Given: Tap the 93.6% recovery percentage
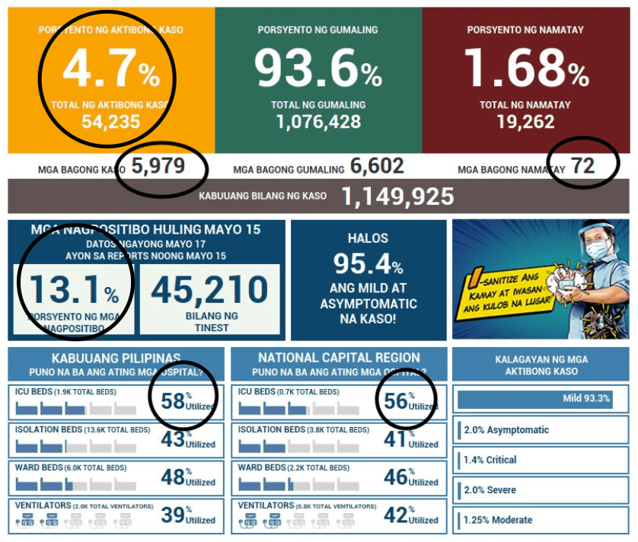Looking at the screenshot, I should (x=317, y=68).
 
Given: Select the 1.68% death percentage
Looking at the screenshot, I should (x=525, y=68).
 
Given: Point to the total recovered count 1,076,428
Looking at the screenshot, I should (x=318, y=122).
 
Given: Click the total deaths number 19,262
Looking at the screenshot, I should (x=525, y=122).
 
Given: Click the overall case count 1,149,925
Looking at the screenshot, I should (x=397, y=196).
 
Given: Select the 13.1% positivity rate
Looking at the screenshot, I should (x=73, y=290).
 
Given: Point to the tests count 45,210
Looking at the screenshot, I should (x=210, y=290).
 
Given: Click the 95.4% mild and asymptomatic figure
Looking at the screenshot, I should (x=368, y=264).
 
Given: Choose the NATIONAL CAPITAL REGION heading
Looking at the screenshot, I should (x=339, y=358).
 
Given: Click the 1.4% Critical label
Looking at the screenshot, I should (x=490, y=460).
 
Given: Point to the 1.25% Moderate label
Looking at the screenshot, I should (x=498, y=520).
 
